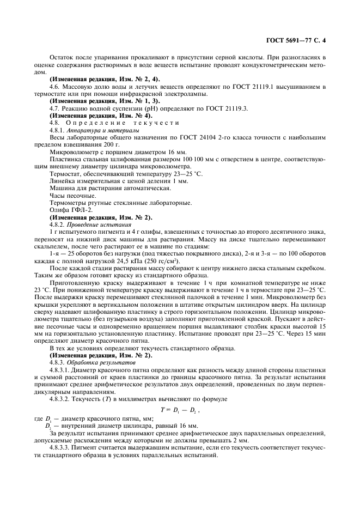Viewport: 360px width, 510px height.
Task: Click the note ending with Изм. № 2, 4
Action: click(105, 80)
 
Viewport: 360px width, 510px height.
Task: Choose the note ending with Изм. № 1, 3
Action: click(105, 101)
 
